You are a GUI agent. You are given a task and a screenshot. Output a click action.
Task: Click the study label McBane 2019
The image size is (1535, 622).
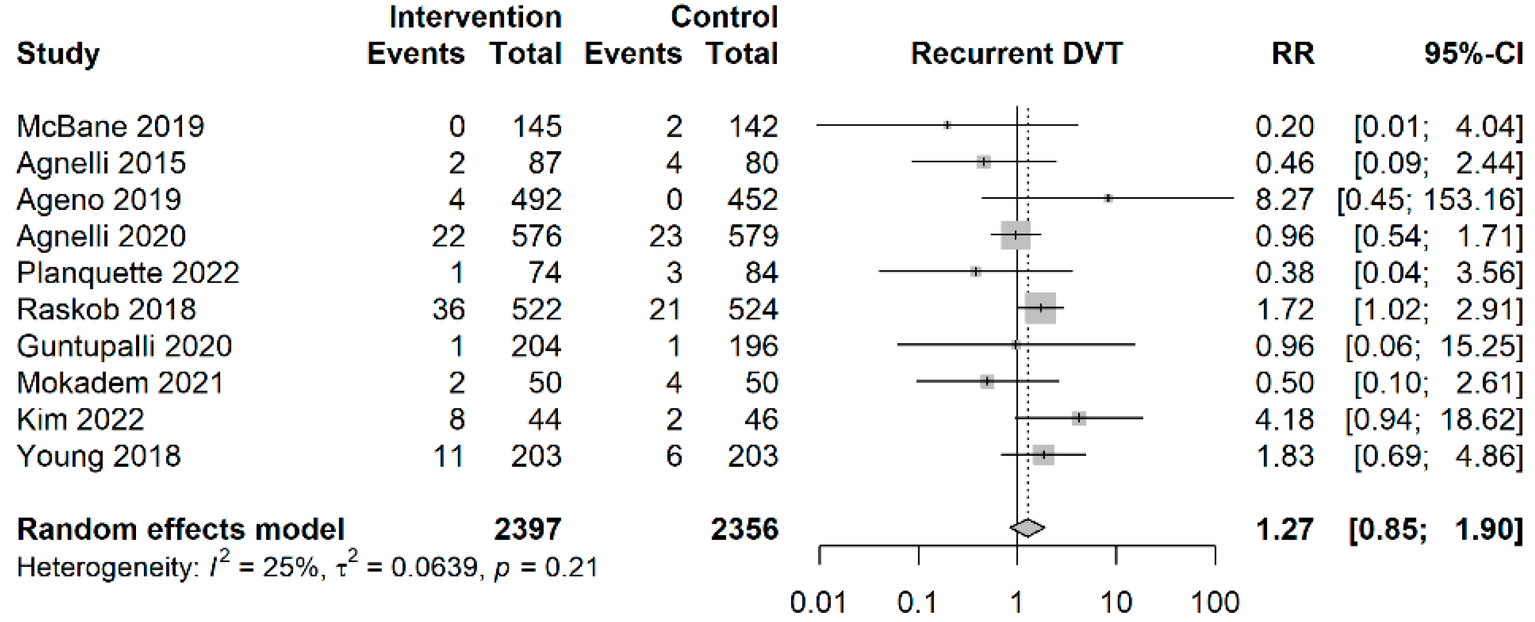110,126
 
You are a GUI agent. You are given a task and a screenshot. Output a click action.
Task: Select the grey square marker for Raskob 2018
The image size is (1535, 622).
1040,308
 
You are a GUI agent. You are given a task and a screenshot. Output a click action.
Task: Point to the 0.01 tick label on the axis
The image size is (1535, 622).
818,602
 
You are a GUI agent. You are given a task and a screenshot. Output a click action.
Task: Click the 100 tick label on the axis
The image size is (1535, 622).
1215,602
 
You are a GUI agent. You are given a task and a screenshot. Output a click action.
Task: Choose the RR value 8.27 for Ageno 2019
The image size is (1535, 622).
1284,199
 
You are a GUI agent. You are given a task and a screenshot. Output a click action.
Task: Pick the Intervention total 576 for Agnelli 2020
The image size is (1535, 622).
536,236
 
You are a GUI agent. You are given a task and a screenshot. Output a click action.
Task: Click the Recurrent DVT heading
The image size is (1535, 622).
1016,53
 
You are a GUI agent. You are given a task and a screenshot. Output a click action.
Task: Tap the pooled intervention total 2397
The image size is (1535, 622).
527,529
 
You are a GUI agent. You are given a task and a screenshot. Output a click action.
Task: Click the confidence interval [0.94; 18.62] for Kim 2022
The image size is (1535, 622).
1433,420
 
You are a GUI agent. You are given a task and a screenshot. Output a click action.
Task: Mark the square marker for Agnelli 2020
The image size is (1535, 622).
1015,235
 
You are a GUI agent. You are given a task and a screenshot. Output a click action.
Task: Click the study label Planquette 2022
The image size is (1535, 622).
127,273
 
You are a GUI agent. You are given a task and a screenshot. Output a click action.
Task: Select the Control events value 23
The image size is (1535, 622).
665,236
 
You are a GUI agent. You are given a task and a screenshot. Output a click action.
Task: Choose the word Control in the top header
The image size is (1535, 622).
724,17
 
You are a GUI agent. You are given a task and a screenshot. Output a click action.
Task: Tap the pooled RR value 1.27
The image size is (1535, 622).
1284,529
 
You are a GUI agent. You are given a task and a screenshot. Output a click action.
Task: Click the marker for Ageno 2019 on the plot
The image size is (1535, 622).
1108,198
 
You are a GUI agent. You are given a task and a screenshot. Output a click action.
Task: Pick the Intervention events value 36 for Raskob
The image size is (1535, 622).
448,309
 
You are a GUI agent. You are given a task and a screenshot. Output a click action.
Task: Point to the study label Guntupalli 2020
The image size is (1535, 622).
124,346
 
